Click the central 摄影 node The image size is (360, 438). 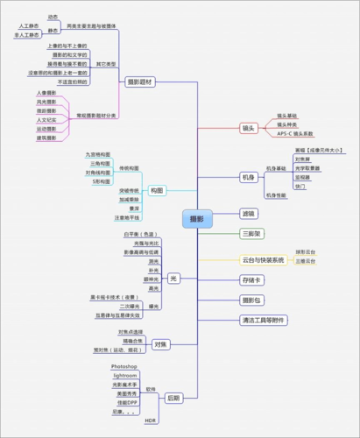(x=198, y=218)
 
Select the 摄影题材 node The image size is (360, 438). (x=139, y=81)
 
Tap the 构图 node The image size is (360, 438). (x=157, y=190)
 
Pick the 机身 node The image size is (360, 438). (x=249, y=178)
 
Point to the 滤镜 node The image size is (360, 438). (x=250, y=213)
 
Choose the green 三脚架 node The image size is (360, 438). (x=252, y=234)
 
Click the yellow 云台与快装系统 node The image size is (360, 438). (x=263, y=260)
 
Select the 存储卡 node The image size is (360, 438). (x=252, y=280)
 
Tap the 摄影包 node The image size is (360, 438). (x=252, y=300)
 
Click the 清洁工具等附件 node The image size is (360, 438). (x=263, y=321)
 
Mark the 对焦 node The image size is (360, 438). (x=161, y=344)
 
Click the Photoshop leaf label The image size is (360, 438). (x=124, y=364)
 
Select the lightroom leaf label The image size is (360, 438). (x=124, y=374)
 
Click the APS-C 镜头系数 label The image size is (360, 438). (x=298, y=134)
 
